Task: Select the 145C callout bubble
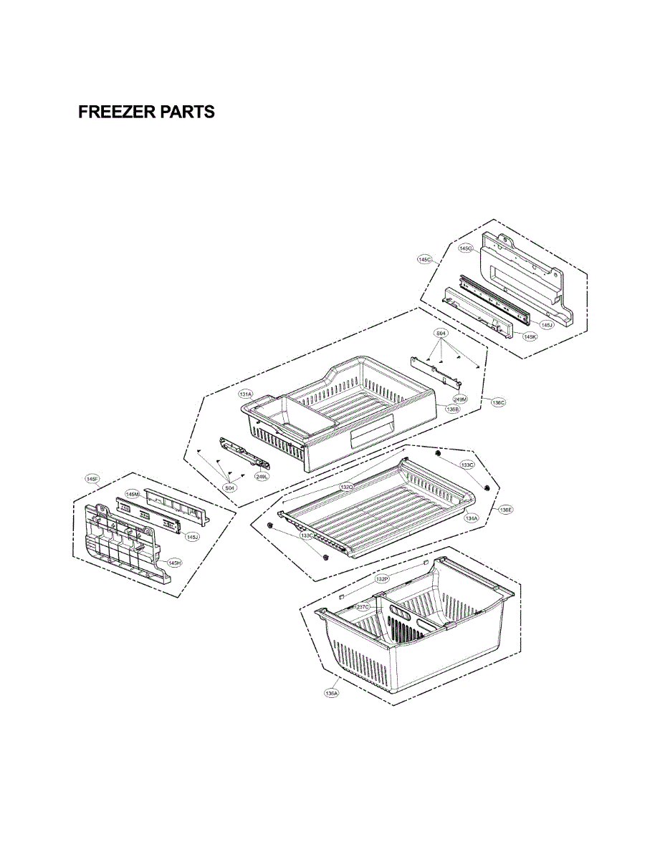click(x=425, y=260)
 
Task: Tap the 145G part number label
click(x=466, y=248)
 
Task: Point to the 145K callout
click(x=530, y=336)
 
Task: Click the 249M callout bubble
click(x=461, y=399)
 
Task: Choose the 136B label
click(x=452, y=409)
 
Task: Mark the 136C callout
click(x=499, y=402)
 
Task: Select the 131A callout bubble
click(x=246, y=394)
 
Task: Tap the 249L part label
click(x=261, y=475)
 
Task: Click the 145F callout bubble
click(x=92, y=478)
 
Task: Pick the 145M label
click(x=133, y=494)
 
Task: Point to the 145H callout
click(x=174, y=563)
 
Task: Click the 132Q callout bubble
click(x=347, y=487)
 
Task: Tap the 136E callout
click(x=506, y=510)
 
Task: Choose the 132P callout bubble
click(x=383, y=578)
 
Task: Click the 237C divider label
click(x=363, y=607)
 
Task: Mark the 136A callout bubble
click(x=331, y=692)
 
